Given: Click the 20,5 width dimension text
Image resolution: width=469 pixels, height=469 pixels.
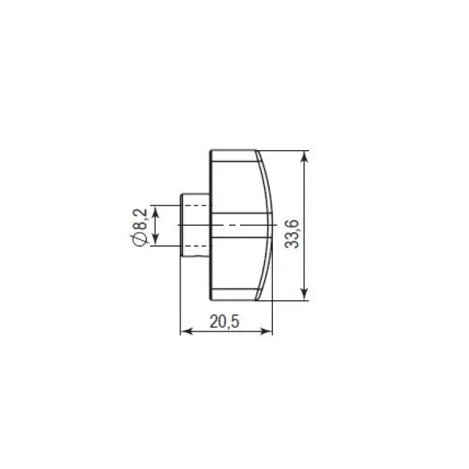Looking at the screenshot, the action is (224, 322).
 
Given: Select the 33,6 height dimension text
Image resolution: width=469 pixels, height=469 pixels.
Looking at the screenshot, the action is (292, 234).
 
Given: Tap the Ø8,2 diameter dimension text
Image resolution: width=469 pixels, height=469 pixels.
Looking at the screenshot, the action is (139, 227).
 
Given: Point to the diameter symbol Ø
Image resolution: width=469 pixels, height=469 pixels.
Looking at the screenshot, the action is (139, 239).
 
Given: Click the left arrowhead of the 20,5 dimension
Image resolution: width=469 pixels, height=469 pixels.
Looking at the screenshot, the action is (187, 331).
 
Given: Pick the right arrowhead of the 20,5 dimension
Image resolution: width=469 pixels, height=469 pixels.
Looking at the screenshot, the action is (267, 331).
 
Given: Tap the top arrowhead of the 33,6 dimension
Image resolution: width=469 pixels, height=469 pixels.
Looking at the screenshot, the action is (304, 157).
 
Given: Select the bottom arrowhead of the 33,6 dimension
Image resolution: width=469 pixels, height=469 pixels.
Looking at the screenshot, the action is (304, 294).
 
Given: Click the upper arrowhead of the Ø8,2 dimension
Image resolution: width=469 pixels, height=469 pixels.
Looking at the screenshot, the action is (155, 212).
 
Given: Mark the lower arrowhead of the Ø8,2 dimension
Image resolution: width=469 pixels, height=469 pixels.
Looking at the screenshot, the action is (155, 240).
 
